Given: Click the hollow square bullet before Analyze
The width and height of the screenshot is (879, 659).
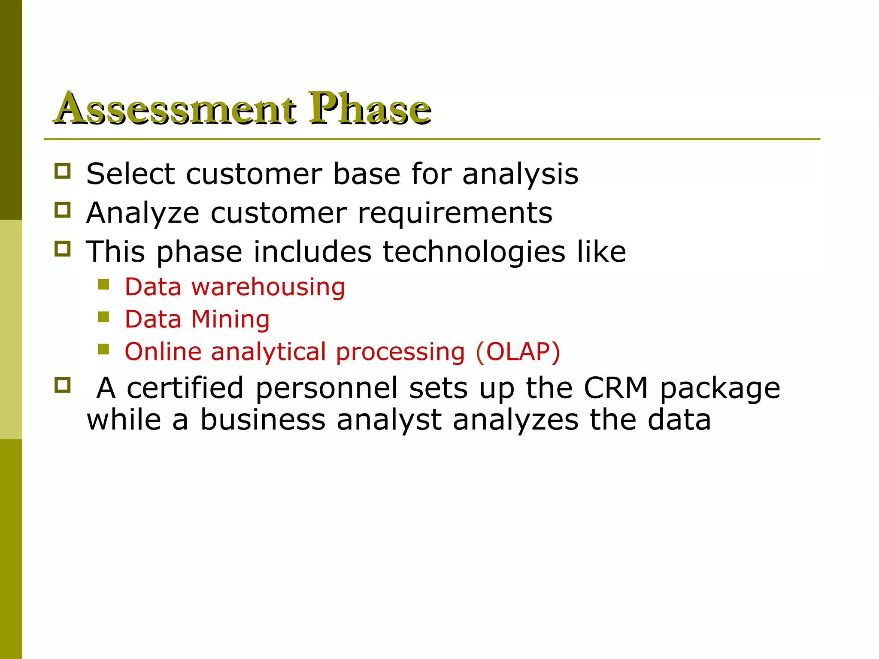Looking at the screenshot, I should tap(63, 210).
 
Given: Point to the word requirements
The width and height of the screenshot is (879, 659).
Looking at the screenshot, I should tap(455, 213).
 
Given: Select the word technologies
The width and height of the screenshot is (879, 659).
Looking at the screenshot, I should tap(474, 252).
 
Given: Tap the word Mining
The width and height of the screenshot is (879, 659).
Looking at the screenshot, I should tap(230, 320).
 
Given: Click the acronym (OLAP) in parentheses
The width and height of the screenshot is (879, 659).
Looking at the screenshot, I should tap(518, 352).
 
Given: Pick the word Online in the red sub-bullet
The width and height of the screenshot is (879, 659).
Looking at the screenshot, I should tap(163, 352).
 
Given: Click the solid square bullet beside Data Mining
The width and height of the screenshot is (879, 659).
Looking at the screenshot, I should tap(103, 317).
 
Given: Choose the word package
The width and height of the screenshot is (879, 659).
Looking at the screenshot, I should tap(720, 389).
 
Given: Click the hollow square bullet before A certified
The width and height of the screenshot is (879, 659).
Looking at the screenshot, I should tap(63, 385).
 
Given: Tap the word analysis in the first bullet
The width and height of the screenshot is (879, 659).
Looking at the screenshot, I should tap(520, 175).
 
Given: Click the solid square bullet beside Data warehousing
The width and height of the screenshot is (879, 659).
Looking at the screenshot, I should tap(103, 284).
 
